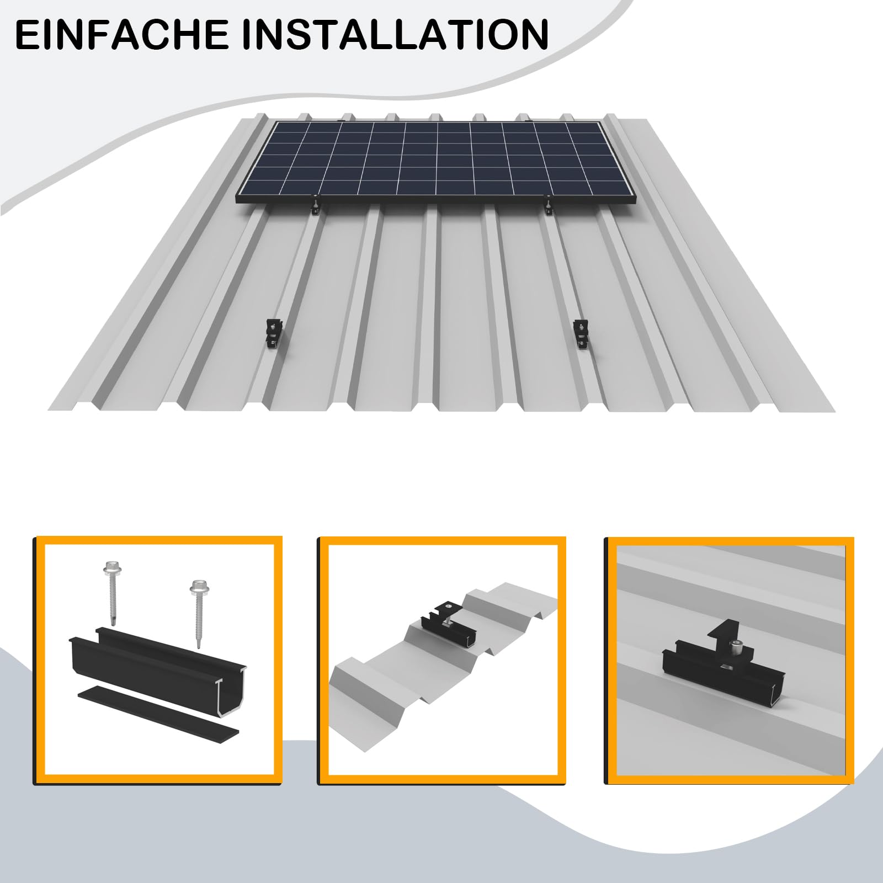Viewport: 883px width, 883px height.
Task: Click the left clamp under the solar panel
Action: (314, 208)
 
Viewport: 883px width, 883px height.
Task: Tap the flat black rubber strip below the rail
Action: (158, 711)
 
